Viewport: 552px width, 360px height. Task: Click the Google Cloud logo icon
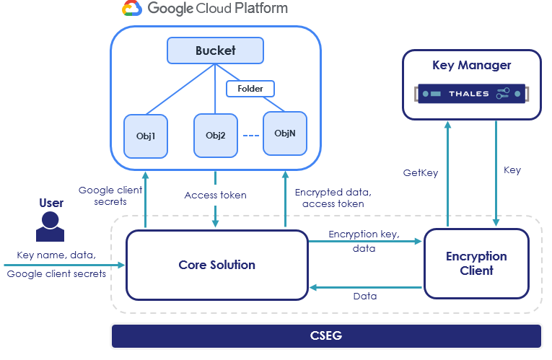coord(131,9)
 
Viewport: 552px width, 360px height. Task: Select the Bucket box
coord(215,51)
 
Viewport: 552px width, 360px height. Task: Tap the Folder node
coord(250,89)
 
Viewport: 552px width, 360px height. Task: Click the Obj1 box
coord(146,136)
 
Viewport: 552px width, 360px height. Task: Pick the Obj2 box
coord(216,136)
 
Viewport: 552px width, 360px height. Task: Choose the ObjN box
coord(285,133)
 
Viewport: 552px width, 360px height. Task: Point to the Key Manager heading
coord(471,66)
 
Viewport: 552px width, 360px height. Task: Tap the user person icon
coord(51,226)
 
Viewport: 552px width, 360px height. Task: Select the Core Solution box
coord(216,265)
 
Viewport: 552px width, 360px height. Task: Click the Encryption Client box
coord(476,264)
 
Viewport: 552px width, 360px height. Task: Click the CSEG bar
coord(326,336)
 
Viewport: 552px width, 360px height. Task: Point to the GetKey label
coord(420,173)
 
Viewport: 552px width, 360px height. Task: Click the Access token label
coord(215,196)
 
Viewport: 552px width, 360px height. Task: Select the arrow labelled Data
coord(365,287)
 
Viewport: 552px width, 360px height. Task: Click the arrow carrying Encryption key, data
coord(365,242)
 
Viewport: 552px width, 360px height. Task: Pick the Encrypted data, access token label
coord(333,198)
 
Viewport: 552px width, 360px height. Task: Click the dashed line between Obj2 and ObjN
coord(250,136)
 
